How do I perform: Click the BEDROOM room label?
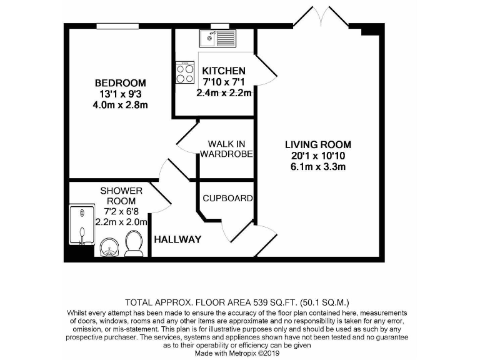(120, 83)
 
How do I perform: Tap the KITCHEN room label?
(223, 71)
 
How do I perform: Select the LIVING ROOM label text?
(318, 144)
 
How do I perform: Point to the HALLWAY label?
(177, 239)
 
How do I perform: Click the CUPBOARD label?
(227, 198)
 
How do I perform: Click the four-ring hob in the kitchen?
(185, 74)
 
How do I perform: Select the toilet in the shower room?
(134, 243)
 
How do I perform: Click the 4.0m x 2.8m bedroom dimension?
(120, 105)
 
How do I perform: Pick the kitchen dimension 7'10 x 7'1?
(223, 82)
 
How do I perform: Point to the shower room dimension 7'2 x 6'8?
(121, 211)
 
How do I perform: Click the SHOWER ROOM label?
(121, 195)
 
